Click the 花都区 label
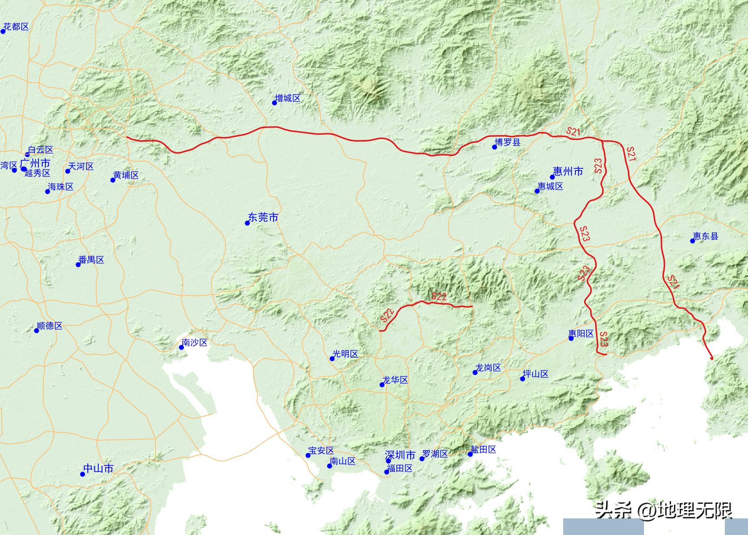click(16, 27)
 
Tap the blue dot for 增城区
click(275, 103)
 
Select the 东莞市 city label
click(263, 217)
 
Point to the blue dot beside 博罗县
click(495, 147)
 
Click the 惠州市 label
click(568, 171)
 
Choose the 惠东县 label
click(706, 236)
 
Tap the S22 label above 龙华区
click(439, 296)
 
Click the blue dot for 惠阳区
click(571, 338)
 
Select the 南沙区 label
click(195, 343)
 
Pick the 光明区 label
click(346, 354)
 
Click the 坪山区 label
click(536, 374)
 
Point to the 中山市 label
click(98, 469)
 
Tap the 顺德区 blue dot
click(37, 330)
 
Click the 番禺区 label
click(91, 260)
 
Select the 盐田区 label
click(484, 449)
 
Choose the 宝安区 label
click(321, 451)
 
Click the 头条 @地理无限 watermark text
click(664, 510)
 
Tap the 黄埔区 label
click(126, 175)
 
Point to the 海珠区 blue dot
click(48, 191)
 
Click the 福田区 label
click(400, 468)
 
